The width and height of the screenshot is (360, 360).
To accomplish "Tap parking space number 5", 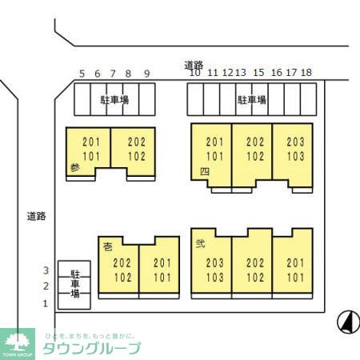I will click(x=82, y=73).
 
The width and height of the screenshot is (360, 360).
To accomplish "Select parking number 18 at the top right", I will click(x=306, y=73).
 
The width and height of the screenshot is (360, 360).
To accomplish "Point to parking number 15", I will click(x=258, y=73).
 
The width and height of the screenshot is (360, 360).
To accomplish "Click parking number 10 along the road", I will click(x=194, y=73).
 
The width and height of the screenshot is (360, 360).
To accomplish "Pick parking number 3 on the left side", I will click(x=46, y=270).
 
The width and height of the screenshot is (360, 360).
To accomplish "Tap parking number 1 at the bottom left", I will click(x=46, y=302).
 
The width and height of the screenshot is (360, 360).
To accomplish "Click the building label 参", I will click(x=74, y=168).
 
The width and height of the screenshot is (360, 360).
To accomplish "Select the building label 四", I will click(x=205, y=171).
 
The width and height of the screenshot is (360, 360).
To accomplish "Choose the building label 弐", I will click(x=200, y=245).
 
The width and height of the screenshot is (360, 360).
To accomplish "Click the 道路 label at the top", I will click(x=194, y=65).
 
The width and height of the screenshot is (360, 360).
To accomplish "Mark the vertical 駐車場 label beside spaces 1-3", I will click(x=75, y=282).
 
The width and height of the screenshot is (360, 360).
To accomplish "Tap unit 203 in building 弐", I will click(x=214, y=262).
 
